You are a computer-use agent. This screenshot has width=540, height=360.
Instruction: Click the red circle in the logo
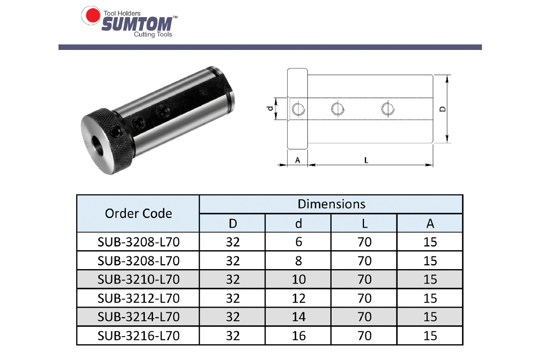93,15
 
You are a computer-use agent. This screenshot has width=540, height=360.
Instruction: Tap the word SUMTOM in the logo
137,24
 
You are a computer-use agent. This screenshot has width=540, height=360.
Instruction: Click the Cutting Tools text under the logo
153,35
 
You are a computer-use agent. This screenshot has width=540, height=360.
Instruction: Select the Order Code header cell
139,213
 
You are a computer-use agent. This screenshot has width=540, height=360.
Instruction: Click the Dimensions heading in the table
332,204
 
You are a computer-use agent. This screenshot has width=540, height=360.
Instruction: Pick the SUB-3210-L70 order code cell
139,279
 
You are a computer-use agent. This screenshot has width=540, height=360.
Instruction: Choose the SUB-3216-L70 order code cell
139,336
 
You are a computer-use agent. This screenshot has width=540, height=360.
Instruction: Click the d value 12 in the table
299,298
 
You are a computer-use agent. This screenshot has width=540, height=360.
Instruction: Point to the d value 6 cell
299,242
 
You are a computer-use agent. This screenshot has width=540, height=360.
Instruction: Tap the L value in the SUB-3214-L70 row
364,317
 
